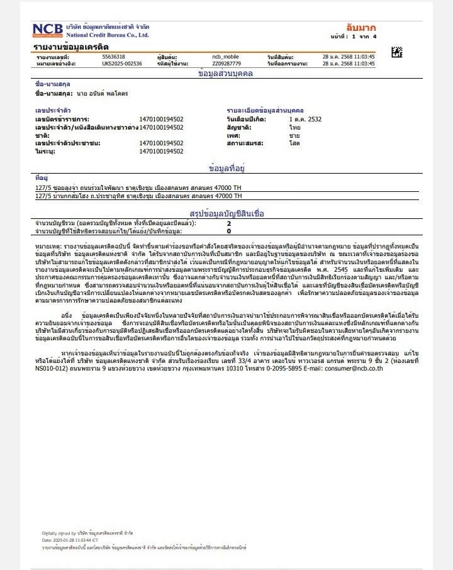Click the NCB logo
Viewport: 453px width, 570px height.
coord(48,30)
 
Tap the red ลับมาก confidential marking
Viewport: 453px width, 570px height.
coord(361,28)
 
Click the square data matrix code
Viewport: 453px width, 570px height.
coord(396,52)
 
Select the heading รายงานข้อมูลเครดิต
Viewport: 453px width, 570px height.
coord(71,47)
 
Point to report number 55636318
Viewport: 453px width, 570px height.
coord(113,57)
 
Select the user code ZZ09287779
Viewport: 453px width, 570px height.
coord(226,64)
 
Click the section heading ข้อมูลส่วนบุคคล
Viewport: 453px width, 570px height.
coord(225,74)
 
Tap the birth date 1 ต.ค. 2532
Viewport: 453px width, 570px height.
coord(305,119)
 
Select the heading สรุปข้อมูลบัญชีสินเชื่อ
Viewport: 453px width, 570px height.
coord(226,213)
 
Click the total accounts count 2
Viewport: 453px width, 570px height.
coord(229,223)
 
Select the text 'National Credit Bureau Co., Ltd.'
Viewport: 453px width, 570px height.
coord(108,35)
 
